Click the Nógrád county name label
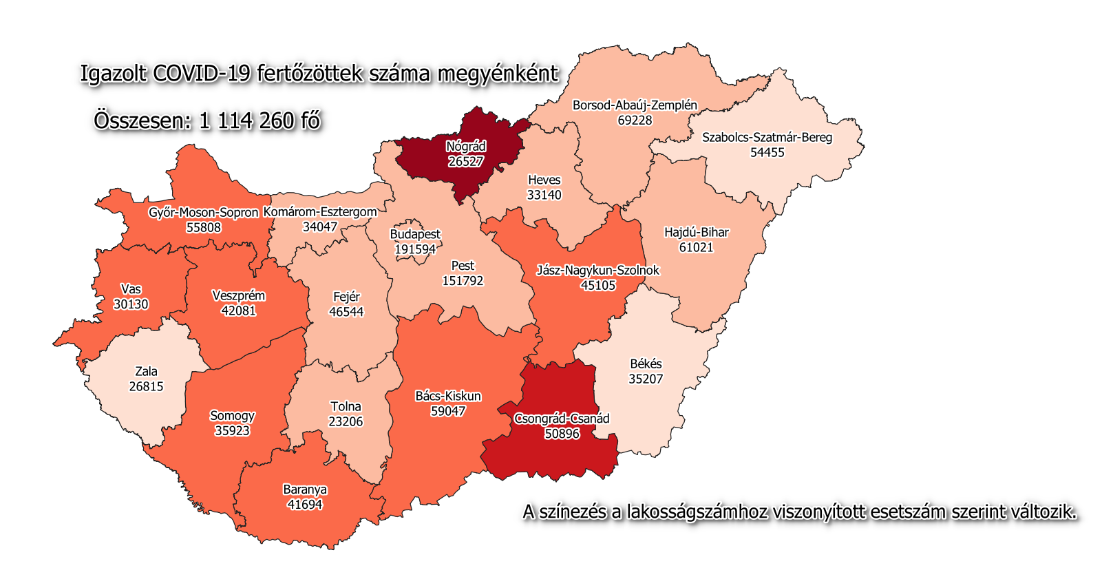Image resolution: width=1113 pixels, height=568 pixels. click(466, 147)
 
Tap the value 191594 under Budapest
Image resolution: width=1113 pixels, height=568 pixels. click(415, 249)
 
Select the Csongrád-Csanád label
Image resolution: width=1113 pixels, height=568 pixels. click(562, 419)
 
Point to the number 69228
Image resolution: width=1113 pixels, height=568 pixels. click(635, 120)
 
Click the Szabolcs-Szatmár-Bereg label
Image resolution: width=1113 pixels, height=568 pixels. click(767, 138)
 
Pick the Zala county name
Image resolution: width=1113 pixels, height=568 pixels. click(146, 372)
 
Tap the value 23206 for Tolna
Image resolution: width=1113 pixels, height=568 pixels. click(346, 421)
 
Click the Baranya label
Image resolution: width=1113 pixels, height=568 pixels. click(305, 490)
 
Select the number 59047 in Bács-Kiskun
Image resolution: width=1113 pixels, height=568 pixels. click(448, 411)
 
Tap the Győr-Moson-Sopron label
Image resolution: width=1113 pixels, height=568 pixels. click(204, 213)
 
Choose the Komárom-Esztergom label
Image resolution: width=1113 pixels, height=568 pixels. click(320, 212)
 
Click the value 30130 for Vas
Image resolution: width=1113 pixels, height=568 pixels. click(131, 304)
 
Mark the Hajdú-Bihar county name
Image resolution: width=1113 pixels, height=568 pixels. click(696, 233)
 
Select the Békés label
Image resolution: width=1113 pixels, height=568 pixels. click(646, 364)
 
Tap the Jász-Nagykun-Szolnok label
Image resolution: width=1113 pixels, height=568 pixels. click(598, 271)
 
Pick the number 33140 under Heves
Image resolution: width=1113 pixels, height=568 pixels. click(544, 195)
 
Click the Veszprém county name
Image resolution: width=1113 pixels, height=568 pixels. click(238, 296)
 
